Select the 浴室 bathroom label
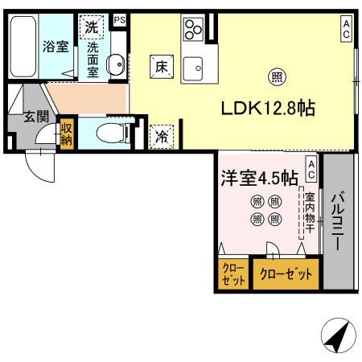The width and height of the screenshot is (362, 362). pyautogui.click(x=55, y=47)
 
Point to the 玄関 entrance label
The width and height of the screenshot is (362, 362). pyautogui.click(x=35, y=117)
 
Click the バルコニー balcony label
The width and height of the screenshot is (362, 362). pyautogui.click(x=338, y=219)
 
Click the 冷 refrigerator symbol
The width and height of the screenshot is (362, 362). pyautogui.click(x=162, y=137)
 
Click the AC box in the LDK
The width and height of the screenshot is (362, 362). pyautogui.click(x=346, y=29)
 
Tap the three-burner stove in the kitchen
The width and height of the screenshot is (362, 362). pyautogui.click(x=194, y=30)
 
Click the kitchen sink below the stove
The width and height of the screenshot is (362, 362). pyautogui.click(x=193, y=69)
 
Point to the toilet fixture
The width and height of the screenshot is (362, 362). pyautogui.click(x=109, y=133)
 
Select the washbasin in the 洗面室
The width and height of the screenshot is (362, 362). pyautogui.click(x=115, y=63)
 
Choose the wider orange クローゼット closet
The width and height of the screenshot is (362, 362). pyautogui.click(x=286, y=274)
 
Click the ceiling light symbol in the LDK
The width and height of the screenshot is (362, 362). pyautogui.click(x=276, y=78)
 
